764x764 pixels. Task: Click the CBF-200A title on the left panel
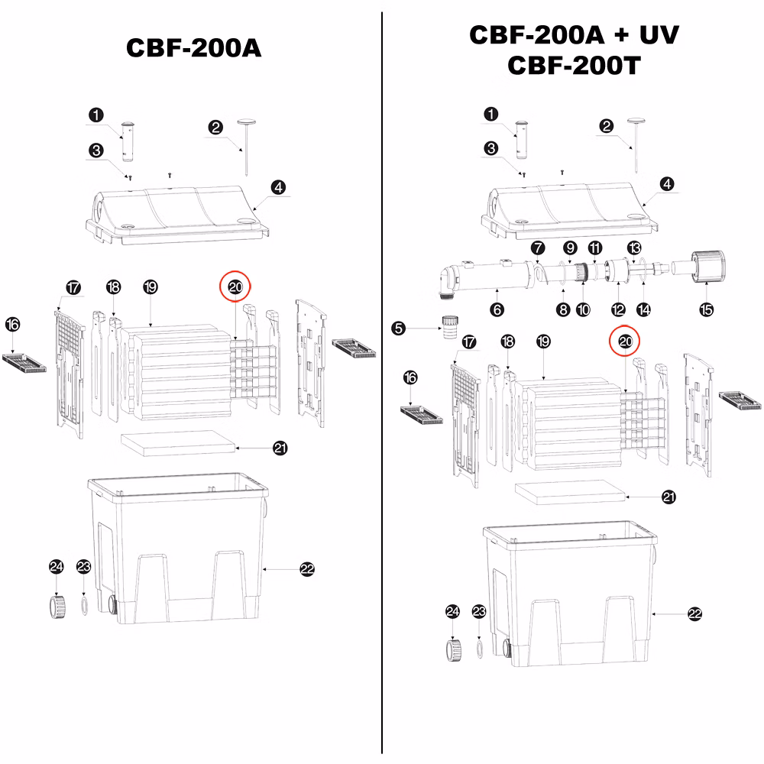point(193,47)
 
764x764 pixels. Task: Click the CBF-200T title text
point(574,65)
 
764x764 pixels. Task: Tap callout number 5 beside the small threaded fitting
point(399,328)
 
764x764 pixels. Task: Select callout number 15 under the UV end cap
point(707,309)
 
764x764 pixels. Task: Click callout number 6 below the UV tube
point(497,309)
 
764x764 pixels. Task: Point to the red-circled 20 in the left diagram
point(235,286)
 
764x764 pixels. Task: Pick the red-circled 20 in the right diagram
point(625,341)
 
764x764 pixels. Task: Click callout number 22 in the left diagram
point(307,568)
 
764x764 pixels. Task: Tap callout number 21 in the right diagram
point(669,497)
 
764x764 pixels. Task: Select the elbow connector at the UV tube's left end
point(450,280)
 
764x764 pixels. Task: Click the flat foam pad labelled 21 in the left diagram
point(178,443)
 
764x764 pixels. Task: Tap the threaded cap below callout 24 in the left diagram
point(57,606)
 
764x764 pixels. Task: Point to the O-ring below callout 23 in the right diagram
point(480,650)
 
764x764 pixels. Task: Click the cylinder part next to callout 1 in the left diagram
point(128,142)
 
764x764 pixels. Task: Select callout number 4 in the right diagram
point(667,183)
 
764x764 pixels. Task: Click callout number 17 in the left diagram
point(73,287)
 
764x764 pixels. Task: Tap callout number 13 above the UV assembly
point(634,248)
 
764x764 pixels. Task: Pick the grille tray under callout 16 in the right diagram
point(422,414)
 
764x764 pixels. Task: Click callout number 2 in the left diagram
point(215,127)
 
